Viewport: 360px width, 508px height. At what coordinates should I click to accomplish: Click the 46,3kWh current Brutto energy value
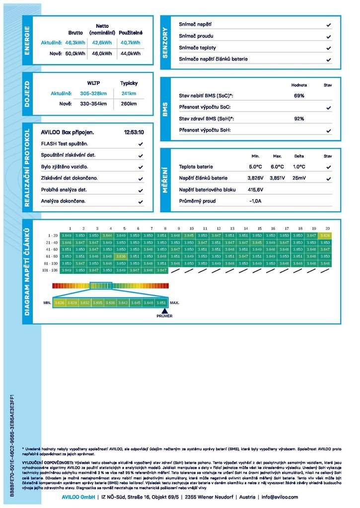[x=75, y=43]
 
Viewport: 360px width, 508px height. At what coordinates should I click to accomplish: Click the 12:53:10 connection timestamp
[x=134, y=132]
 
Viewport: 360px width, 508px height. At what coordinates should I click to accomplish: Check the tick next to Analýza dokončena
[x=141, y=202]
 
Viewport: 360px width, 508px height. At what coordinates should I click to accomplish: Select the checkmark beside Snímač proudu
[x=329, y=36]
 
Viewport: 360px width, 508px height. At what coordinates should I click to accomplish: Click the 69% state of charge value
[x=299, y=96]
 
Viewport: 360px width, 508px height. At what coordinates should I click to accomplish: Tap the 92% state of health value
[x=299, y=119]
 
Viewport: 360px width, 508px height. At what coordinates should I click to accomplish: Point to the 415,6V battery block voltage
[x=255, y=190]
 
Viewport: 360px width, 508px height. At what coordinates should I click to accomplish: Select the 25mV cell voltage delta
[x=299, y=178]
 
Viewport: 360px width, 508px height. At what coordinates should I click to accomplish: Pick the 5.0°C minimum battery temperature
[x=255, y=167]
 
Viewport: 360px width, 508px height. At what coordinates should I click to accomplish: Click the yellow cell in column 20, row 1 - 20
[x=325, y=235]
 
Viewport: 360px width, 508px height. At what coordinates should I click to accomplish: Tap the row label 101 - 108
[x=50, y=270]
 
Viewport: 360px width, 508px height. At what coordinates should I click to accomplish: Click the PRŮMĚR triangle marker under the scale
[x=164, y=311]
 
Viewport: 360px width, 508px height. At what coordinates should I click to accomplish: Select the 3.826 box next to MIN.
[x=60, y=302]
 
